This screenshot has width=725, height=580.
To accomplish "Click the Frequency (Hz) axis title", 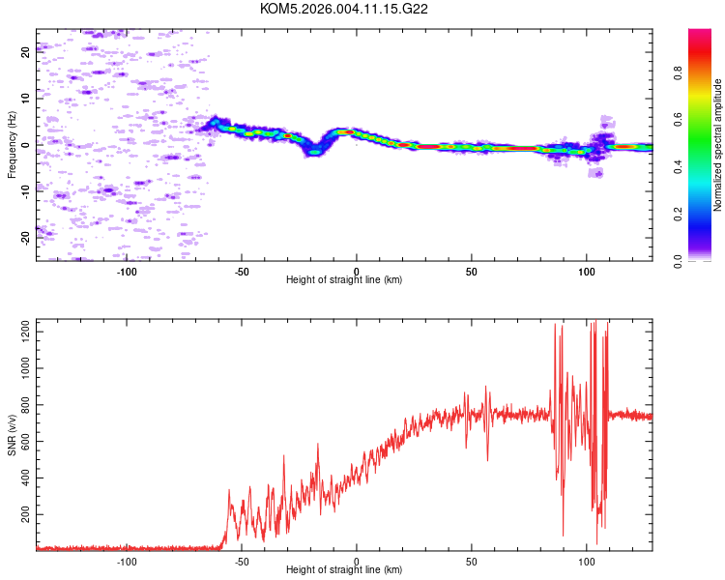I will [x=12, y=145].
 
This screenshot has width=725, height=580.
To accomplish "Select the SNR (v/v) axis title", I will [x=12, y=434].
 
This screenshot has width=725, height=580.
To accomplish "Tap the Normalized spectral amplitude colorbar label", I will [x=718, y=145].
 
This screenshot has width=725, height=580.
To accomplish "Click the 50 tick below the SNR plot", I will [x=471, y=561].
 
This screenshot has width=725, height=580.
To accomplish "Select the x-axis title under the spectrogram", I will [x=344, y=280].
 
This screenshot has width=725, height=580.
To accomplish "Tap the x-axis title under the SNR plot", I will [x=344, y=570].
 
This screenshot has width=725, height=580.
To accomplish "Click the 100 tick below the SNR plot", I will [x=586, y=561].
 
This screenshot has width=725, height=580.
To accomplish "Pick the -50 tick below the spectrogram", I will [x=242, y=272].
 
